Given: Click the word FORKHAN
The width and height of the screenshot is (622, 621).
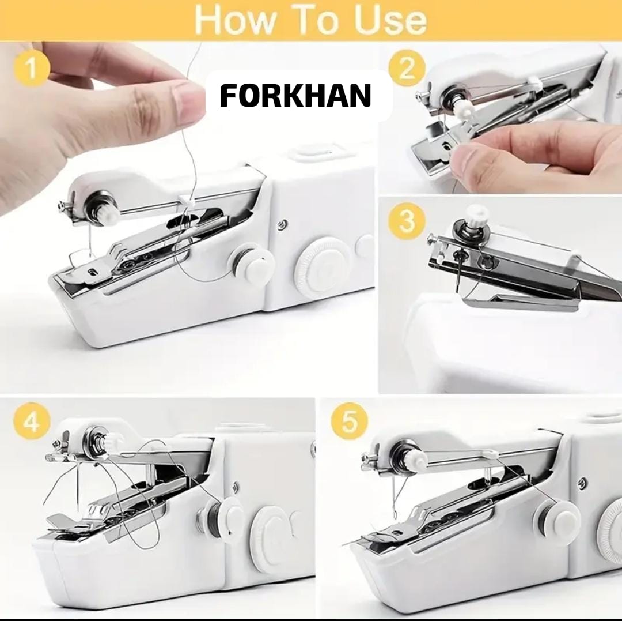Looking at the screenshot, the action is coord(295,96).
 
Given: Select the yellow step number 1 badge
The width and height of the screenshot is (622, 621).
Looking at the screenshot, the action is coord(32,68).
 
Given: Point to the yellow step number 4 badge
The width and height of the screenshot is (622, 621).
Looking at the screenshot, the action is coord(32,421).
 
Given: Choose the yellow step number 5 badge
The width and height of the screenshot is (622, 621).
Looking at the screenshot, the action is coord(348,421).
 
